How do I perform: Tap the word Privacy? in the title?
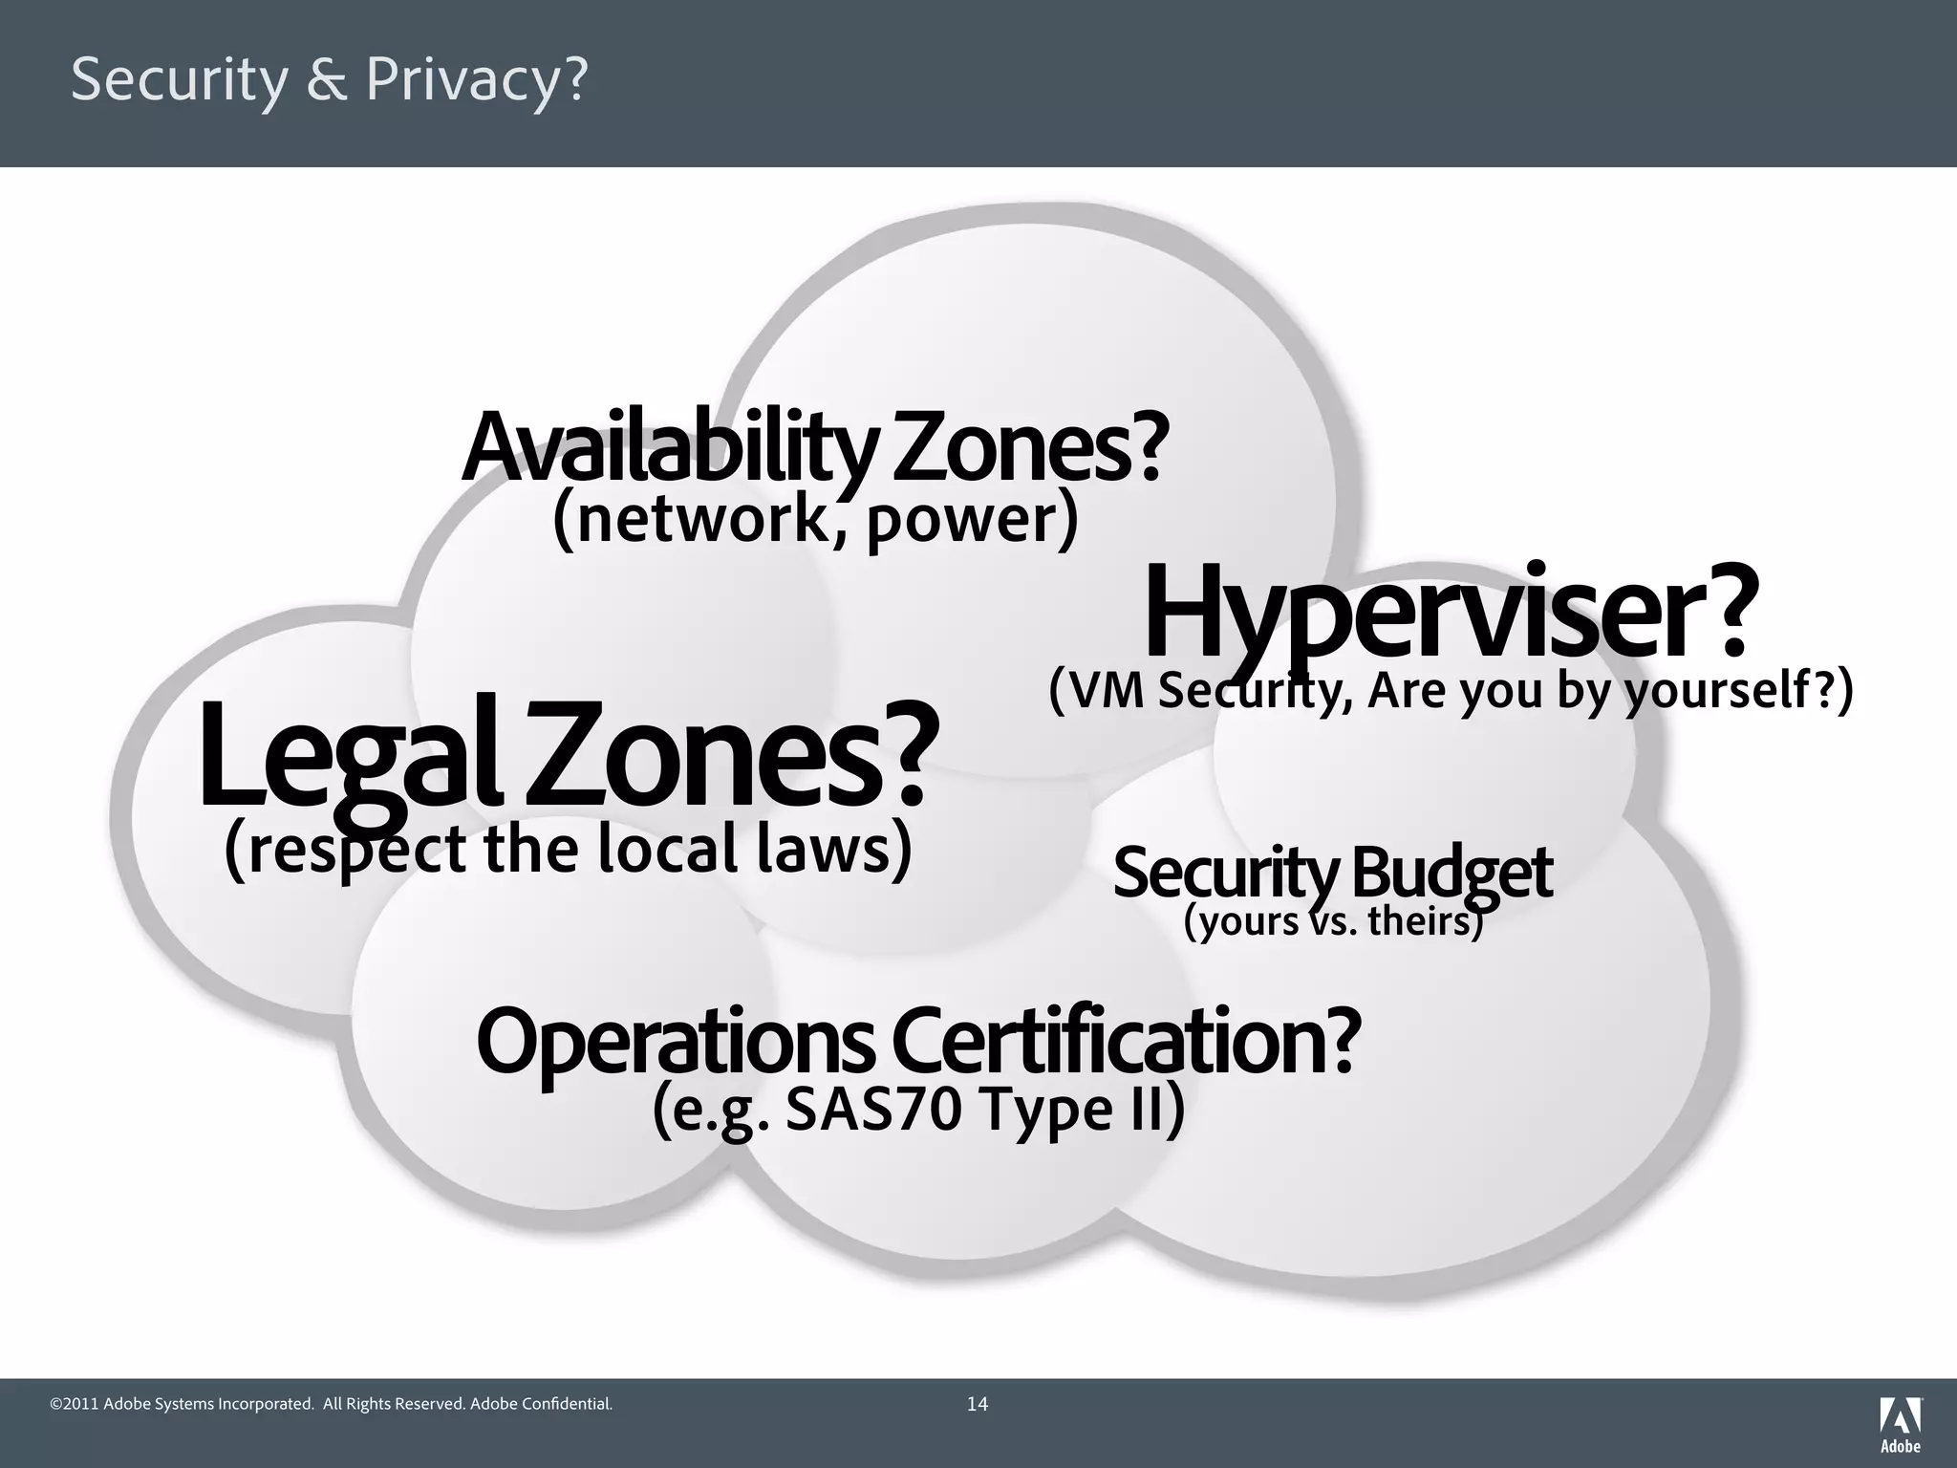476,80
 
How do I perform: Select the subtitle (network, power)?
815,520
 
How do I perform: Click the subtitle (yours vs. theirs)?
1333,921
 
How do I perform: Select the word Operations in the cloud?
675,1042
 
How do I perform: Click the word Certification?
1124,1042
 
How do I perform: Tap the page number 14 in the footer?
978,1404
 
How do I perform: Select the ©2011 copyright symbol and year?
74,1404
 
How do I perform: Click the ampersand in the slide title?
328,80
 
